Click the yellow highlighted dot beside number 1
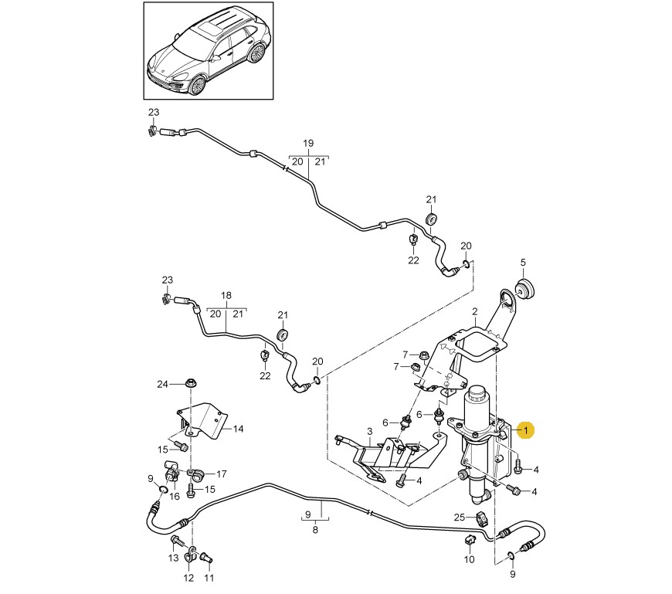pos(525,430)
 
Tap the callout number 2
pos(475,311)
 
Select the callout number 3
pos(369,431)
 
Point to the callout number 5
pos(522,262)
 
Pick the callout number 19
pos(308,144)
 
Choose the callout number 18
pos(226,296)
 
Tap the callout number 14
pos(238,429)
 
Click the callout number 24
pos(162,384)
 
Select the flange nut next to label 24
pos(190,383)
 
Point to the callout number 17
pos(222,474)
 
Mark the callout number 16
pos(175,497)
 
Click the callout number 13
pos(173,558)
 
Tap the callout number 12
pos(188,578)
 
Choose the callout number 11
pos(209,577)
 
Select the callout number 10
pos(469,559)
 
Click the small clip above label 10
pos(470,538)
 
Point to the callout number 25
pos(459,517)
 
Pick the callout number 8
pos(314,531)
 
